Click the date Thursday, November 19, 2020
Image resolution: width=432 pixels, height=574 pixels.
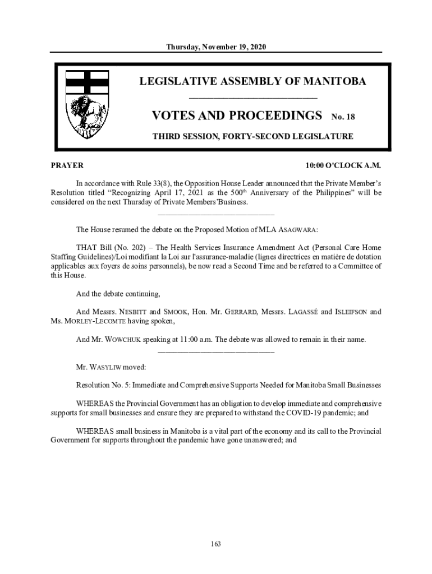pos(216,47)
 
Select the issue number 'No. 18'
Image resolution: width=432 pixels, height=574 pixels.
pos(343,117)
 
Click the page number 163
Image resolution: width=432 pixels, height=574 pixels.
pos(216,543)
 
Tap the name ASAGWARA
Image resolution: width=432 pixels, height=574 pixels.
pos(298,230)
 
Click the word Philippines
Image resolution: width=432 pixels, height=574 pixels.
pos(320,192)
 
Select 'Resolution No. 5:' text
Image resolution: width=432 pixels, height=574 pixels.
pos(105,385)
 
